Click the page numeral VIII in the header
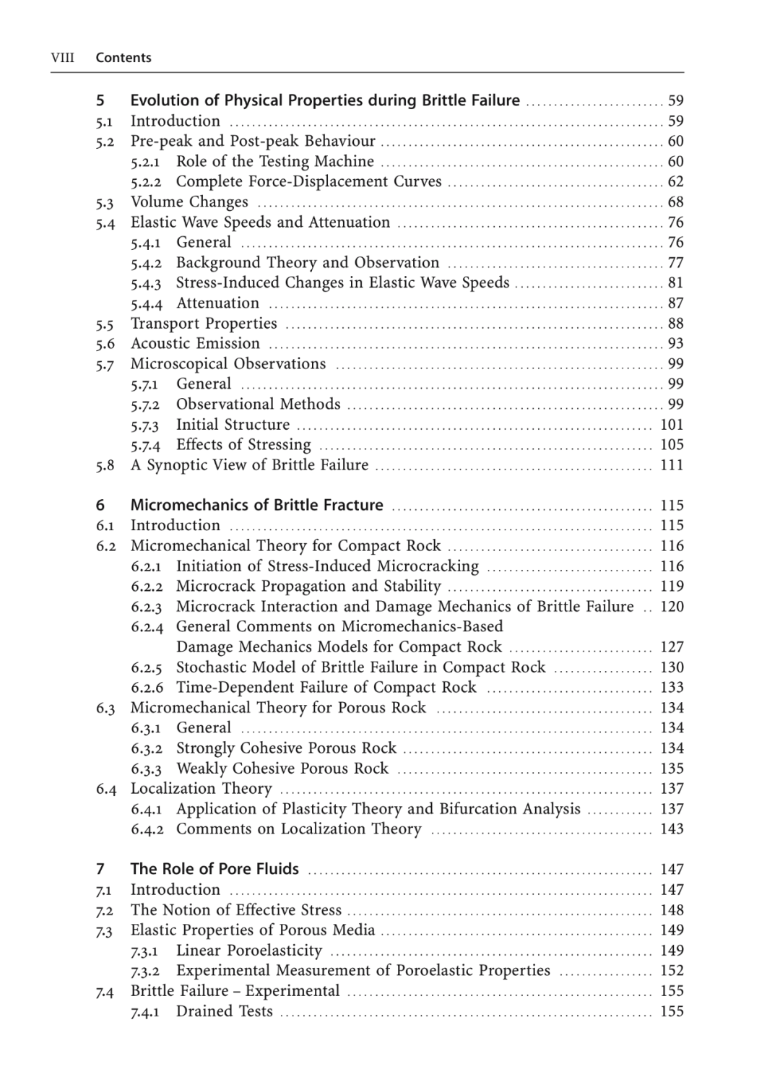[63, 58]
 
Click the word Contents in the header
[123, 58]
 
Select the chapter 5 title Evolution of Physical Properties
[324, 100]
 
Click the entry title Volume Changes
[189, 202]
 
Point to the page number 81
[675, 283]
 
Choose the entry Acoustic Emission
[195, 344]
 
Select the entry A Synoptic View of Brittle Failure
[249, 465]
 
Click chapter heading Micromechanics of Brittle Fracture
[256, 506]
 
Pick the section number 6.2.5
[147, 667]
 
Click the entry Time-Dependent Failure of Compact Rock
[326, 688]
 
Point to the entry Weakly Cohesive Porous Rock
[282, 769]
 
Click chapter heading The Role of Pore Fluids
[214, 870]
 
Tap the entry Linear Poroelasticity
[248, 951]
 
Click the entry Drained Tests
[224, 1011]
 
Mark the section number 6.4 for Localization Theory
[106, 790]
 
